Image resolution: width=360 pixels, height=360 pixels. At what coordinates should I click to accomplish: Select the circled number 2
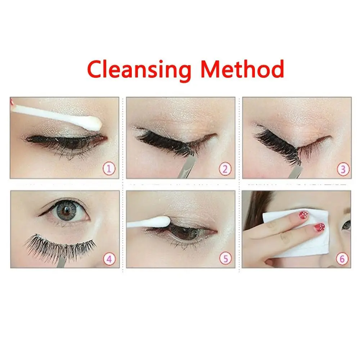pyautogui.click(x=225, y=168)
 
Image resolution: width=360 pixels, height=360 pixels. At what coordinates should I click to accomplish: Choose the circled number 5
pyautogui.click(x=225, y=258)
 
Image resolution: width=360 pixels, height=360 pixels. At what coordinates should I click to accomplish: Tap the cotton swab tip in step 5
pyautogui.click(x=160, y=220)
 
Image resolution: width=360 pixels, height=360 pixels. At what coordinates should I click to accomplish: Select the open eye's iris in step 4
pyautogui.click(x=67, y=212)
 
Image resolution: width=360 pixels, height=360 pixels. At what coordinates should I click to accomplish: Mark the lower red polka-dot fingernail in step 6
pyautogui.click(x=319, y=227)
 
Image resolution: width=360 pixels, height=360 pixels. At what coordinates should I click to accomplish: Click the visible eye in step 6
pyautogui.click(x=346, y=225)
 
